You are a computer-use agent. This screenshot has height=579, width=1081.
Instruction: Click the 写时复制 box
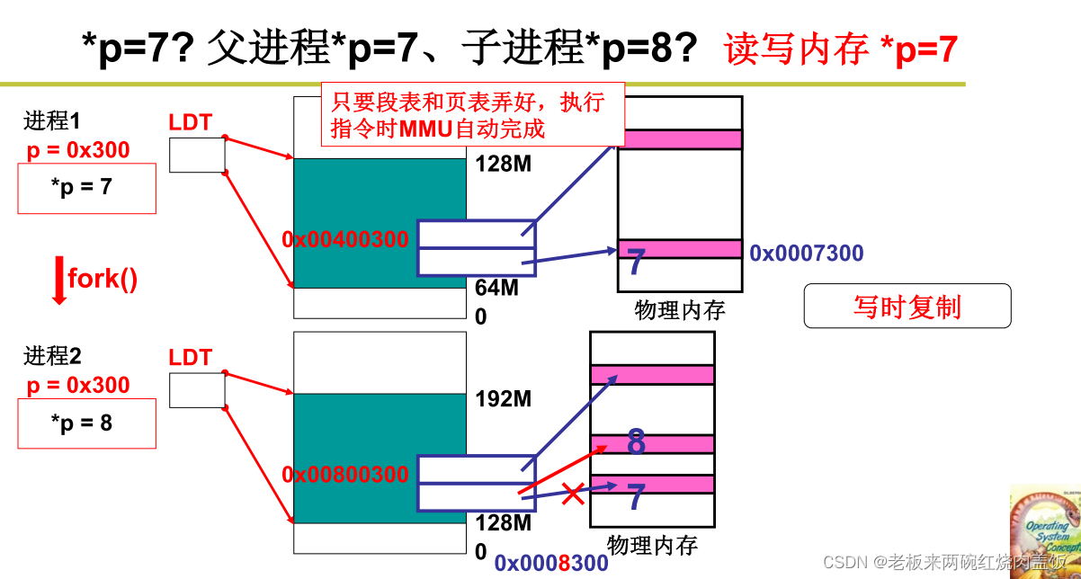click(x=907, y=307)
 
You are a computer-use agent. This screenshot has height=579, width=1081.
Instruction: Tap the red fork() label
click(x=103, y=278)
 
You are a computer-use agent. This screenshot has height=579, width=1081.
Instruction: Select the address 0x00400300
click(x=345, y=239)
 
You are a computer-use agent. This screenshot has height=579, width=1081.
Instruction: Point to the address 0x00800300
click(x=345, y=474)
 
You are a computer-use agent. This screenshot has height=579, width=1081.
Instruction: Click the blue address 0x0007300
click(x=807, y=254)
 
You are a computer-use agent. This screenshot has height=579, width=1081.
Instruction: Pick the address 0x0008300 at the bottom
click(x=551, y=564)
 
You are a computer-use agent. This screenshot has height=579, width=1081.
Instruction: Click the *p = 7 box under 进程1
click(x=86, y=189)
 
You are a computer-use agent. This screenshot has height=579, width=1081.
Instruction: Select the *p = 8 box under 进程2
click(x=86, y=423)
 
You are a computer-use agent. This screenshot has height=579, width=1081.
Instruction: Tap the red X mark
click(x=573, y=493)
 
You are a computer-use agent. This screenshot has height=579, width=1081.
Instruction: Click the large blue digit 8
click(x=636, y=442)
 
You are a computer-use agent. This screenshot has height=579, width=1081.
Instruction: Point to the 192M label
click(x=503, y=399)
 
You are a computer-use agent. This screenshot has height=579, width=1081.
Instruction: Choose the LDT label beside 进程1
click(x=190, y=123)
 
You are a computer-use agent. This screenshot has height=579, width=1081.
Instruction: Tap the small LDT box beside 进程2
click(x=197, y=389)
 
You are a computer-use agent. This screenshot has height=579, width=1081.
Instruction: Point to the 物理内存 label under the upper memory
click(x=679, y=310)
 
